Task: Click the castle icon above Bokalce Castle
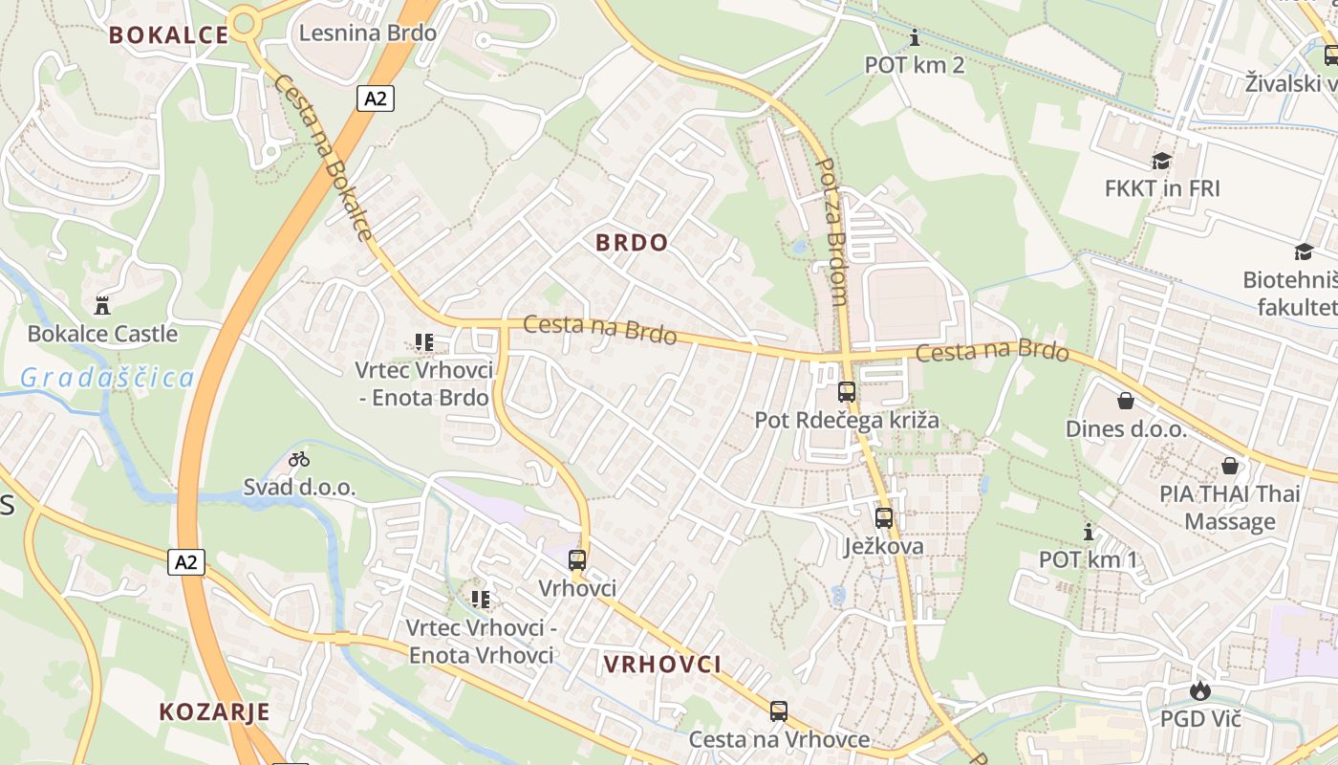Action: tap(102, 306)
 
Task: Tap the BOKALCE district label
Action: tap(168, 35)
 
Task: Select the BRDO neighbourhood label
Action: tap(632, 243)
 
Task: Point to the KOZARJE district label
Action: tap(214, 711)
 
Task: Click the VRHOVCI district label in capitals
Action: tap(662, 665)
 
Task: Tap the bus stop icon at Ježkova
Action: tap(884, 518)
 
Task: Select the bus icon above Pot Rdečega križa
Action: tap(847, 391)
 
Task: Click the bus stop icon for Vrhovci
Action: tap(577, 560)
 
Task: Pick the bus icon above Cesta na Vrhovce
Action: tap(779, 710)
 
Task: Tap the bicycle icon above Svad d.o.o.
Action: tap(299, 460)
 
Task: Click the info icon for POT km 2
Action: tap(915, 38)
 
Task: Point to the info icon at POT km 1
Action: tap(1088, 533)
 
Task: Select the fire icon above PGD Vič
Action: tap(1200, 690)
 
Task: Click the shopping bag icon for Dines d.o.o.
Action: tap(1126, 401)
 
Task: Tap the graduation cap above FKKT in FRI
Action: tap(1162, 161)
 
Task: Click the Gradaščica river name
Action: tap(107, 378)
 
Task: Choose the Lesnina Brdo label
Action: tap(368, 33)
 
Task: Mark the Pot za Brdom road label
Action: tap(832, 231)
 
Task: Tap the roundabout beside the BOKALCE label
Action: tap(245, 21)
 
